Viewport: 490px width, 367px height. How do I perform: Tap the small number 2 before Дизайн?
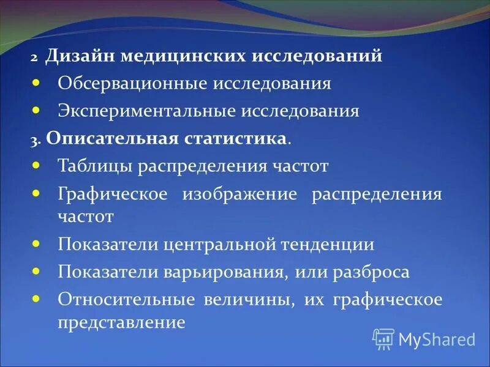point(36,58)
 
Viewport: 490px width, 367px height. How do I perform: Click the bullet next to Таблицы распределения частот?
point(36,164)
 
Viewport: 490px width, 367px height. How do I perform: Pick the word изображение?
point(239,195)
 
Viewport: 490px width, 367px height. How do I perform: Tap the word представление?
point(121,322)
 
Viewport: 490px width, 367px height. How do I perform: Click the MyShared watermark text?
point(437,339)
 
